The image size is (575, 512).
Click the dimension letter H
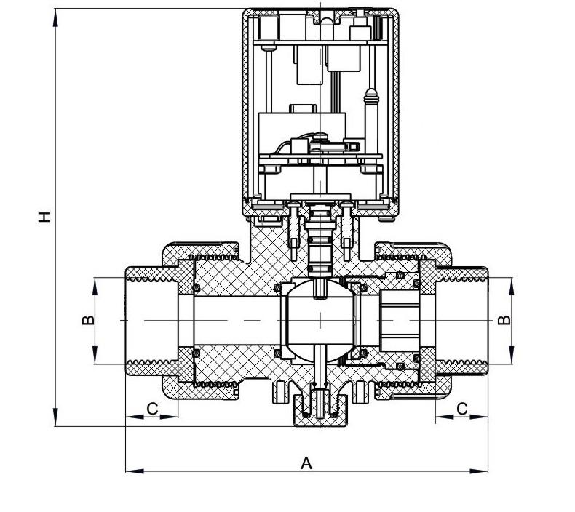tap(45, 216)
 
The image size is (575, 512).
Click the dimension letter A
tap(306, 463)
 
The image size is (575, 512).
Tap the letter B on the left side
tap(87, 320)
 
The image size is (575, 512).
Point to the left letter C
tap(152, 409)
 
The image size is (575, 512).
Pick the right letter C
tap(461, 409)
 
